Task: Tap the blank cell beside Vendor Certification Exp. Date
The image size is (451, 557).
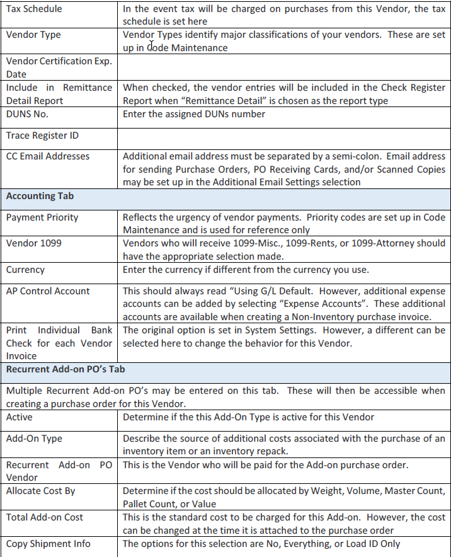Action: pyautogui.click(x=283, y=68)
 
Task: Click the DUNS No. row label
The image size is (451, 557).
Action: pyautogui.click(x=27, y=114)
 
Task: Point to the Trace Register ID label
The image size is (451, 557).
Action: pyautogui.click(x=42, y=135)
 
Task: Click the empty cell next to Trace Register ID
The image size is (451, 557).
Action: pyautogui.click(x=283, y=135)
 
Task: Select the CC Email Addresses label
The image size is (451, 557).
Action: pyautogui.click(x=48, y=156)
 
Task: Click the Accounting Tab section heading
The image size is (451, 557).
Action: pyautogui.click(x=40, y=196)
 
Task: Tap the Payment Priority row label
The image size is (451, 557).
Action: pyautogui.click(x=42, y=217)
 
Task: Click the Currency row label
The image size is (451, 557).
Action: pyautogui.click(x=25, y=270)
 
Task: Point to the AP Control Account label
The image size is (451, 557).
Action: pyautogui.click(x=49, y=291)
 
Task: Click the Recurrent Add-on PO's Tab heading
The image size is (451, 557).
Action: pyautogui.click(x=66, y=369)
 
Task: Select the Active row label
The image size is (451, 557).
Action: pyautogui.click(x=20, y=417)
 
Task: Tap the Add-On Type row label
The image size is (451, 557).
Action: pyautogui.click(x=34, y=439)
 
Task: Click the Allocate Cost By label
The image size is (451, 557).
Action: pyautogui.click(x=41, y=491)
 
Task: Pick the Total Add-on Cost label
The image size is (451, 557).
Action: pyautogui.click(x=45, y=517)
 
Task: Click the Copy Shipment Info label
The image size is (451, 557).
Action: pyautogui.click(x=49, y=544)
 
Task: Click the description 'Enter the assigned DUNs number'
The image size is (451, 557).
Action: pyautogui.click(x=194, y=114)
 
